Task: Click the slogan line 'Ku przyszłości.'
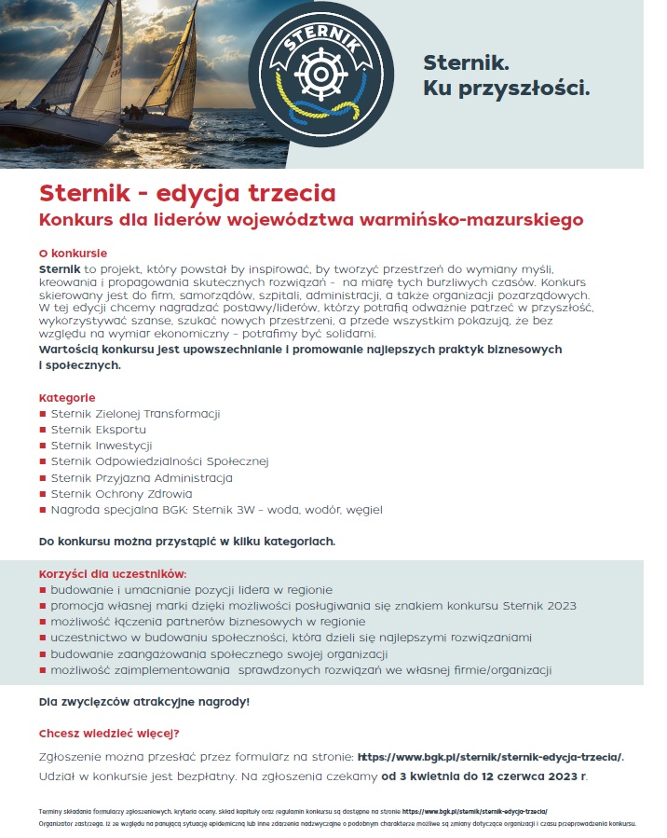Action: (507, 89)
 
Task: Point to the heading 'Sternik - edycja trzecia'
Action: (187, 194)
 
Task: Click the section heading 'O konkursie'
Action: (73, 253)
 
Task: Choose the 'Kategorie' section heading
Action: (67, 398)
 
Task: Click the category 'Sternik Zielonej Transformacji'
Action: (135, 414)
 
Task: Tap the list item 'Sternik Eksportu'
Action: (98, 430)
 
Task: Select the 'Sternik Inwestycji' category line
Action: (102, 446)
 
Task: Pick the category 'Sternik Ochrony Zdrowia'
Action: (121, 494)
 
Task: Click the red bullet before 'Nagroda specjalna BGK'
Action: (43, 510)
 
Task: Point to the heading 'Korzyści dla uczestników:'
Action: (113, 573)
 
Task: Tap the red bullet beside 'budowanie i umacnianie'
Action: (43, 590)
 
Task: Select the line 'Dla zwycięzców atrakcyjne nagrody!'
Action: (144, 701)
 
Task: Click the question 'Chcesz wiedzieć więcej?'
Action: (109, 733)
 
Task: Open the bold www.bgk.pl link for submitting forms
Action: (491, 756)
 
